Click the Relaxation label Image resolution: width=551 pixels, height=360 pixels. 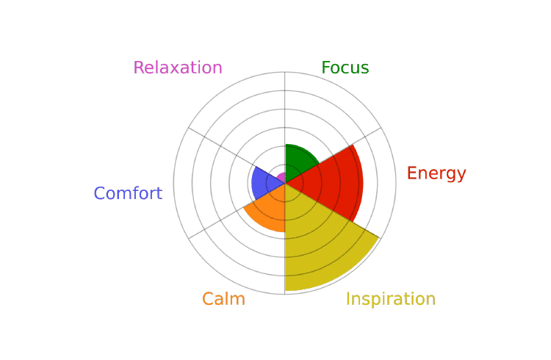pyautogui.click(x=178, y=68)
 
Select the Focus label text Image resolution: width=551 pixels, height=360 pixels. pyautogui.click(x=345, y=68)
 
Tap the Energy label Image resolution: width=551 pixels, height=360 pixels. pyautogui.click(x=436, y=173)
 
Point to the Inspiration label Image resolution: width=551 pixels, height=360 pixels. pyautogui.click(x=391, y=299)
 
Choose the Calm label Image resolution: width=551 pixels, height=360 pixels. pyautogui.click(x=223, y=299)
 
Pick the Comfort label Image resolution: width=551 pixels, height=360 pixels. pyautogui.click(x=128, y=193)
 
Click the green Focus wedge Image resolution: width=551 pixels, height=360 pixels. pyautogui.click(x=299, y=161)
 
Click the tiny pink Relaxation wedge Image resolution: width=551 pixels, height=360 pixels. pyautogui.click(x=281, y=178)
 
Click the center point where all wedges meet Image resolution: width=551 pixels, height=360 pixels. pyautogui.click(x=285, y=183)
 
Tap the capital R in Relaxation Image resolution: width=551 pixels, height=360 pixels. pyautogui.click(x=139, y=68)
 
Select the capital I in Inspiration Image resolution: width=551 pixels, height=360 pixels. pyautogui.click(x=348, y=299)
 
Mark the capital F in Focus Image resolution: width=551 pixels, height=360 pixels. pyautogui.click(x=326, y=68)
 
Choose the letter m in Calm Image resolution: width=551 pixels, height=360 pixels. pyautogui.click(x=237, y=301)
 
